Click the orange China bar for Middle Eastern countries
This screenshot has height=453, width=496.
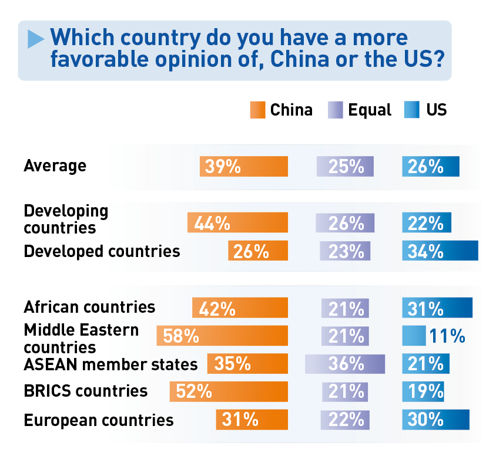tap(222, 336)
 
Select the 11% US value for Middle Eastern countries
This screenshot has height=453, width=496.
tap(447, 336)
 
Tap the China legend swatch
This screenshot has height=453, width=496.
tap(258, 110)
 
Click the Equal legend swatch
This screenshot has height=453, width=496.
tap(336, 110)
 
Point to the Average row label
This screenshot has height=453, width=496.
tap(55, 166)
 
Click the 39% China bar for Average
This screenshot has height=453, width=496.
tap(243, 167)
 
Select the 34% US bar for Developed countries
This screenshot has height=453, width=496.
tap(440, 251)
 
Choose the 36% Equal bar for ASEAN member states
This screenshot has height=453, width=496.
tap(345, 364)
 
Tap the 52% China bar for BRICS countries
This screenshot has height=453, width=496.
tap(229, 391)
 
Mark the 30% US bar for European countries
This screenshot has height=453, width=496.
tap(435, 420)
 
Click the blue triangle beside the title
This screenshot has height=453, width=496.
tap(36, 39)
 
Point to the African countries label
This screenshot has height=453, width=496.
tap(89, 307)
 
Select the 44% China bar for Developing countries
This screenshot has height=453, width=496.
tap(237, 223)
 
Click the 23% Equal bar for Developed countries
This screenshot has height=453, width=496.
tap(345, 251)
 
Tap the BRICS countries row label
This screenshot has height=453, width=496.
tap(85, 391)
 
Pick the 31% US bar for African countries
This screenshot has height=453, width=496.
tap(437, 307)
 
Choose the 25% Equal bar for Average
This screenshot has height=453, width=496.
tap(345, 167)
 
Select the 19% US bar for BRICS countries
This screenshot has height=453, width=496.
tap(423, 391)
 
